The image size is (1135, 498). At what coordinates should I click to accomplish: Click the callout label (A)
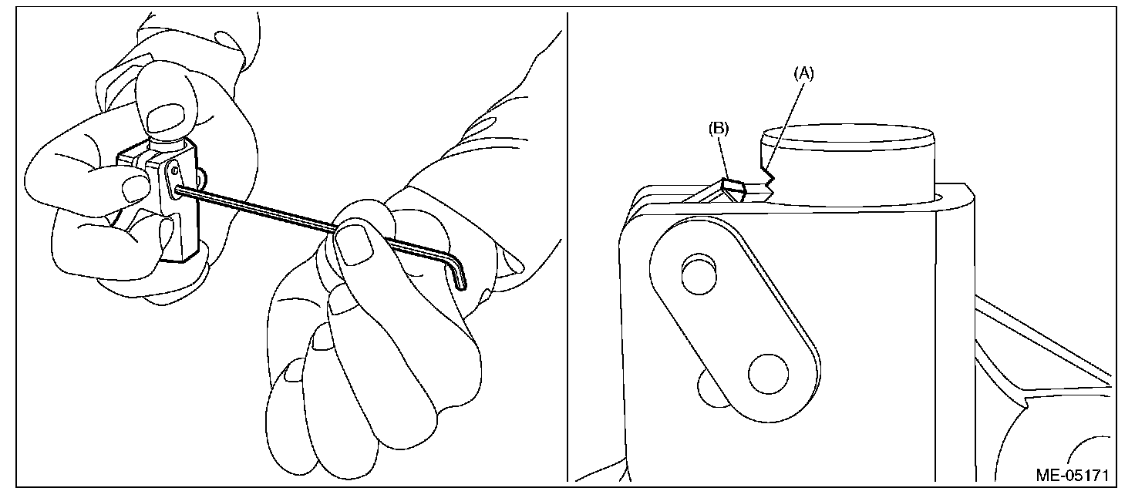[803, 73]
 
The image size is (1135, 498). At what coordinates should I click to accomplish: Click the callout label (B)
[719, 129]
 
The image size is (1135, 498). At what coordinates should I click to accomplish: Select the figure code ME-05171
[1072, 474]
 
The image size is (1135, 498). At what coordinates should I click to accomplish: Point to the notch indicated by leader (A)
[766, 178]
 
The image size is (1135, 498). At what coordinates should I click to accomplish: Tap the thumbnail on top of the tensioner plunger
[164, 117]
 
